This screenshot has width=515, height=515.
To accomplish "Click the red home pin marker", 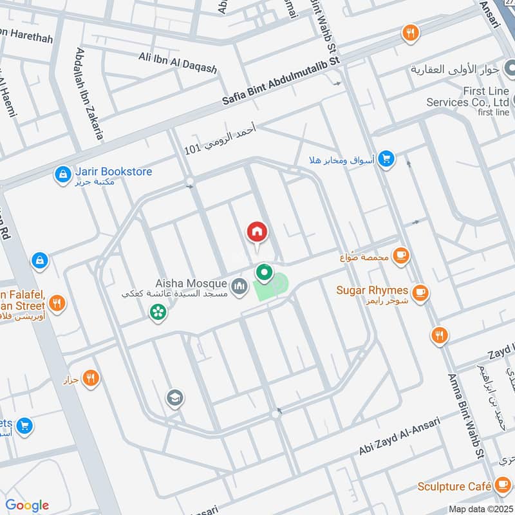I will tap(257, 232).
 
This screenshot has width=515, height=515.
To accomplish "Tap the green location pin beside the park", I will tap(264, 273).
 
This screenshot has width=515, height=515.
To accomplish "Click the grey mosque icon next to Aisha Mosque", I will tap(239, 285).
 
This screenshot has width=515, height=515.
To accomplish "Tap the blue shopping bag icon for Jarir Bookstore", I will tap(62, 174).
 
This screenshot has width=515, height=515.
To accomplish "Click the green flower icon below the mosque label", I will tap(157, 312).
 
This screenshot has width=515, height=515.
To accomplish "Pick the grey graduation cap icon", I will tap(174, 398).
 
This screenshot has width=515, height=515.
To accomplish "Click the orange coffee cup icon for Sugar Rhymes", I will tap(421, 293).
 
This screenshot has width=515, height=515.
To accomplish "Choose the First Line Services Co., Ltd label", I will tap(467, 97).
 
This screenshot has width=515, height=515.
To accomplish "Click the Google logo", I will tap(27, 505).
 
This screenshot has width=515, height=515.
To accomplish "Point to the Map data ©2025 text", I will tap(480, 509).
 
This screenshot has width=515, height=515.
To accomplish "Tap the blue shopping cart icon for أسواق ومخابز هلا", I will tap(386, 158).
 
